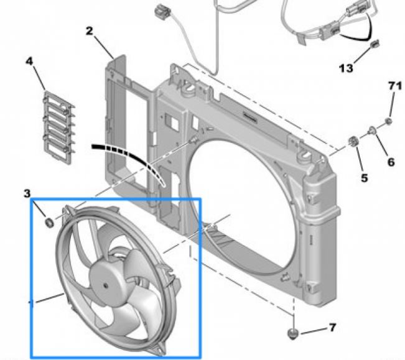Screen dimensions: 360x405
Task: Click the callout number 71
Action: (x=392, y=85)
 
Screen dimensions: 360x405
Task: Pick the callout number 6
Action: (x=391, y=162)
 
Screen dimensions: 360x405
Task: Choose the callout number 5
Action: (x=364, y=177)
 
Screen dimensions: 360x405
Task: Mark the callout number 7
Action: (x=332, y=327)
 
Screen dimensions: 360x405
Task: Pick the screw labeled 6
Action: (x=371, y=131)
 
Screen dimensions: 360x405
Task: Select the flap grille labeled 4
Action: (x=58, y=124)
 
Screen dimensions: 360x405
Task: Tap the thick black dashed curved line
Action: (x=128, y=155)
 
